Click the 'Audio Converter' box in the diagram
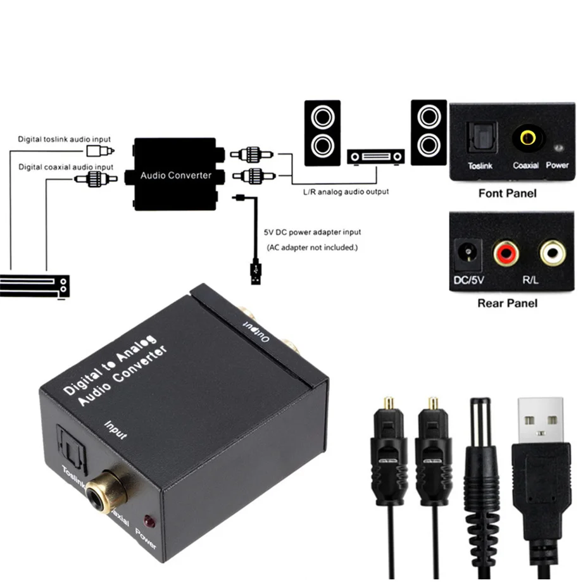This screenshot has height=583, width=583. pos(175,174)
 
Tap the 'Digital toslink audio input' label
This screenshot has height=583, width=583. pos(64,139)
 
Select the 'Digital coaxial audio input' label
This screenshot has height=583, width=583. pos(66,167)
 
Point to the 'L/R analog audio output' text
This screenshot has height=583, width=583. pos(346,191)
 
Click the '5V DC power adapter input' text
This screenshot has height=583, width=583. pos(312,232)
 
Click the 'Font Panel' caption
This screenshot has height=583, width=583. pos(508,193)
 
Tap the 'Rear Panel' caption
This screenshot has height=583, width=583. pos(508,303)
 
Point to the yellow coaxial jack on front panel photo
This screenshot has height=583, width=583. pos(525,137)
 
